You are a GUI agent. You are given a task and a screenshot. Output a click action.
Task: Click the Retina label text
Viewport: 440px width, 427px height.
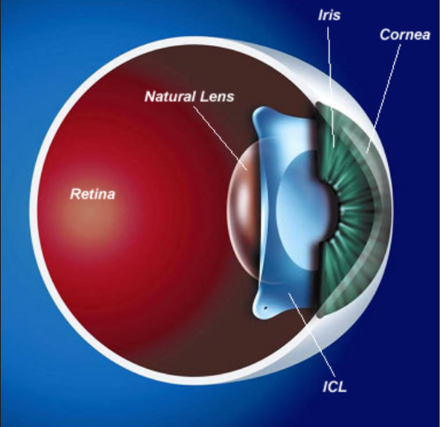(93, 194)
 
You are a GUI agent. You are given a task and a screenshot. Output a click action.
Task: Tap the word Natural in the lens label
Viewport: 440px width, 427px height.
(170, 96)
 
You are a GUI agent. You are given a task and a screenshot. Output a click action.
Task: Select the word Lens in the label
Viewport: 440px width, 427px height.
(217, 96)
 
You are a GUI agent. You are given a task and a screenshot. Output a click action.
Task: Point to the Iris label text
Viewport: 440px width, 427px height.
(329, 15)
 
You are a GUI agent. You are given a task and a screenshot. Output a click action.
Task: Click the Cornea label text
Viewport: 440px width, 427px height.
(405, 34)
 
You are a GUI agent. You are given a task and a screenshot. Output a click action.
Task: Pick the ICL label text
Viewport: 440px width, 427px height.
(335, 386)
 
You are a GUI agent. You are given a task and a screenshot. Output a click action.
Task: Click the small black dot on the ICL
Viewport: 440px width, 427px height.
(265, 308)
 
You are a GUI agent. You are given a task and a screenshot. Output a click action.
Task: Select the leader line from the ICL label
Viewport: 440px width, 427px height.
(312, 335)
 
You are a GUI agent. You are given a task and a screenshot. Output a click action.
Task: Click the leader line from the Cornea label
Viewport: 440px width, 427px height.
(384, 99)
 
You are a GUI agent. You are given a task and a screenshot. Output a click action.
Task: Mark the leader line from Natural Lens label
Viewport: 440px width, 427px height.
(220, 139)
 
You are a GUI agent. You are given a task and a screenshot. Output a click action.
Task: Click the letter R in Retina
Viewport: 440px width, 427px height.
(74, 194)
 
